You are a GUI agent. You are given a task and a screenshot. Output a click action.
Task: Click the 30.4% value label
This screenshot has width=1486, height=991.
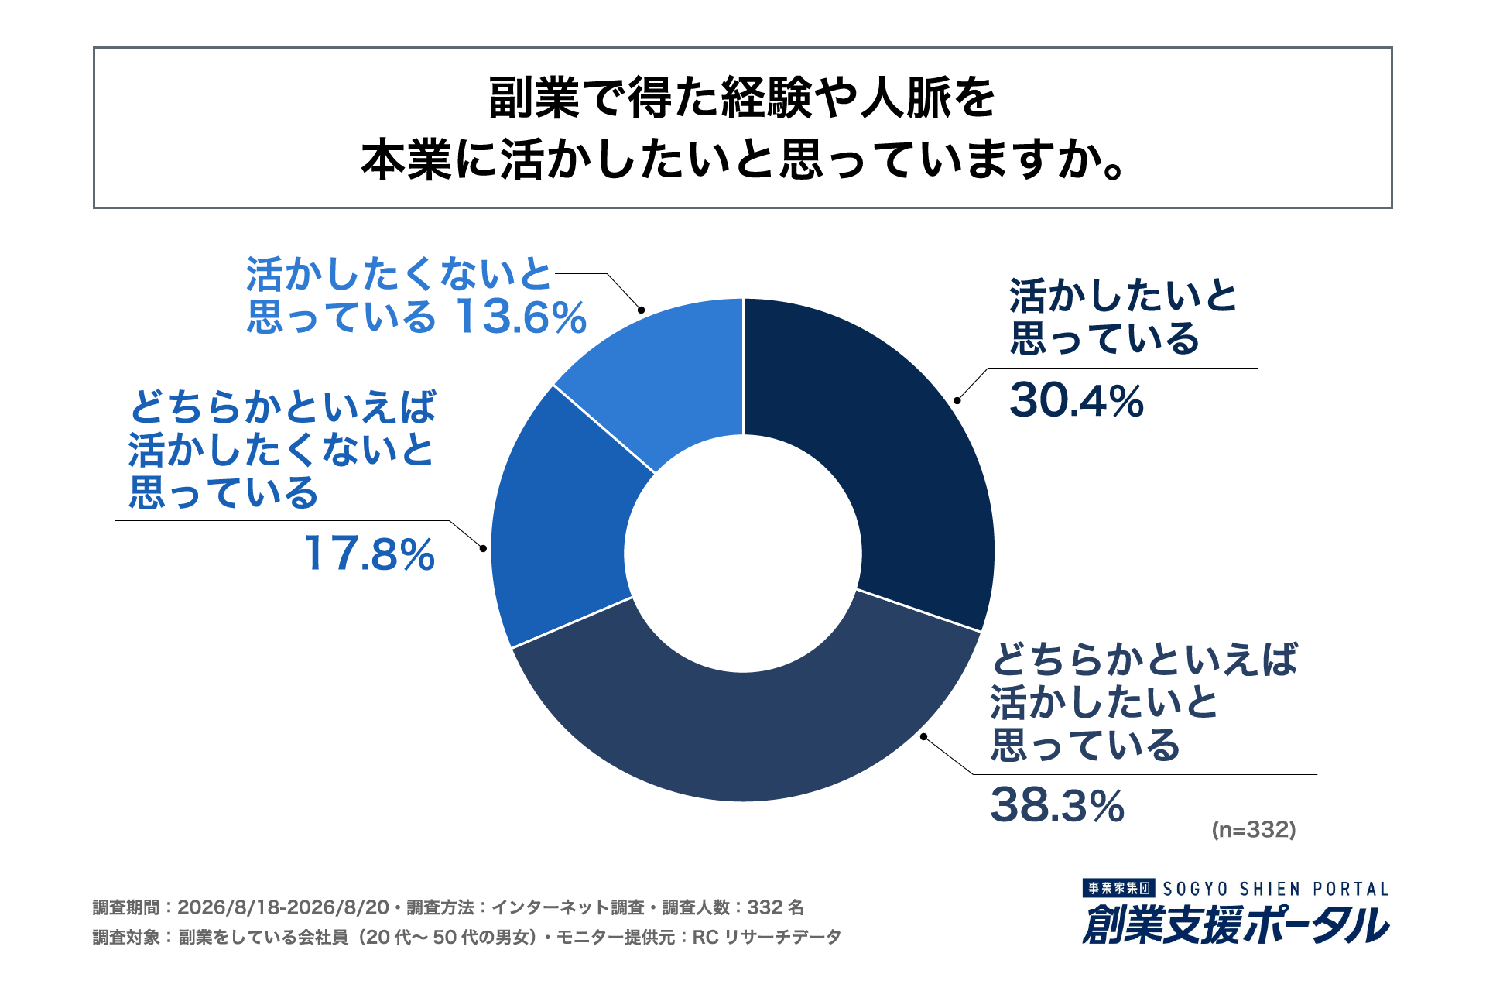click(1077, 401)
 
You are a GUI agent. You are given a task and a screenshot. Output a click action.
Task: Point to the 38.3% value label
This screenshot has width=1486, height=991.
click(1057, 805)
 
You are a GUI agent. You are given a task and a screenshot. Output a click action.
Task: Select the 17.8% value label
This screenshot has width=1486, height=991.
click(370, 554)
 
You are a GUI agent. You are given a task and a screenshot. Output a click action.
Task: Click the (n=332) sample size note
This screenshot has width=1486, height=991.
click(1254, 830)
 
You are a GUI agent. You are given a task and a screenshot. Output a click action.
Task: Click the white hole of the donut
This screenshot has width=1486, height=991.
click(743, 553)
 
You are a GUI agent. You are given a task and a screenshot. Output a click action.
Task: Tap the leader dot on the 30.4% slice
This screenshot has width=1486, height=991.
click(957, 400)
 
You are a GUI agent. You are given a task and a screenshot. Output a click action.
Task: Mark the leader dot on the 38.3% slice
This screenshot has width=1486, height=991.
click(923, 736)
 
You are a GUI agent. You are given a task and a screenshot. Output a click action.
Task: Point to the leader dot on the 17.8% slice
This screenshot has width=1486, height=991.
click(484, 548)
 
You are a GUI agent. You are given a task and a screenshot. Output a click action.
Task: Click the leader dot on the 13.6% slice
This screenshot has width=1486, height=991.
click(642, 310)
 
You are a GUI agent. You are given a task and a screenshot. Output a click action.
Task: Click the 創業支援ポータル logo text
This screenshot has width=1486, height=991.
click(1236, 924)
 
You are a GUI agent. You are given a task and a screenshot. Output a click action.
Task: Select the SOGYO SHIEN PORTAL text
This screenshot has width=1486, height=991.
click(1276, 889)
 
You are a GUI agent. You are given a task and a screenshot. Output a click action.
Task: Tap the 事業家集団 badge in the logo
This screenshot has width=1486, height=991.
click(1119, 889)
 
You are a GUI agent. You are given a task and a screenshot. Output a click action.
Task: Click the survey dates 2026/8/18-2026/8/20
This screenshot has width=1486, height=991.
click(283, 907)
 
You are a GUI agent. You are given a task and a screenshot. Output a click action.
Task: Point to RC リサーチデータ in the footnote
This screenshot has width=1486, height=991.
click(766, 938)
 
